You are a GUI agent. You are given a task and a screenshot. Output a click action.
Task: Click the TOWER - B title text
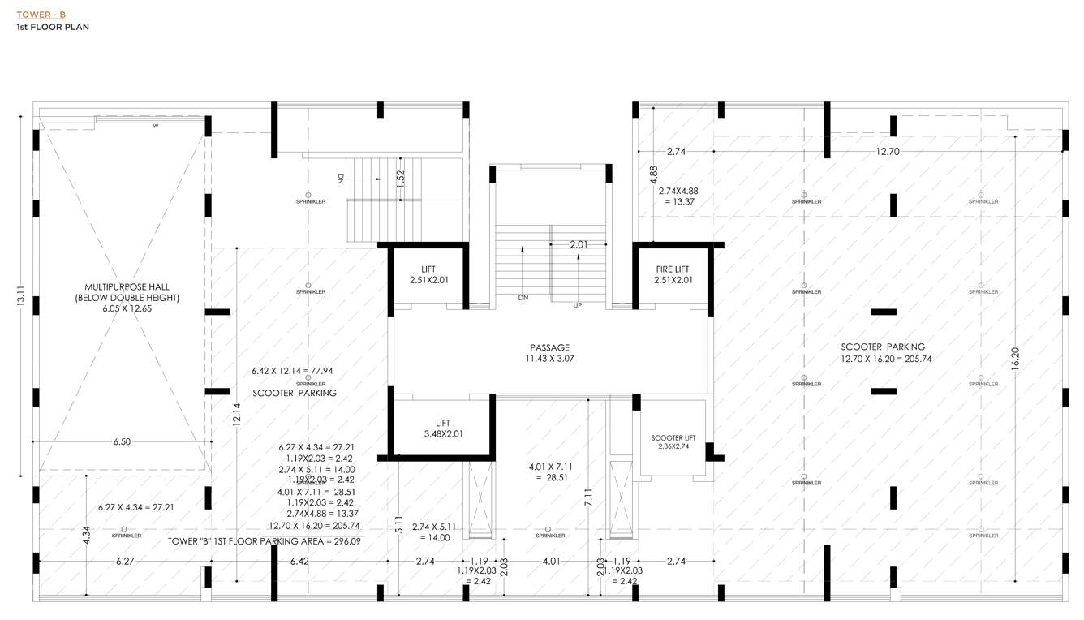point(41,15)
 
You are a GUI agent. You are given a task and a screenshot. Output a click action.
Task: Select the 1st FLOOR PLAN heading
point(53,27)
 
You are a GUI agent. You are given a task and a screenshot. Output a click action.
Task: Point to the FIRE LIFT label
point(673,269)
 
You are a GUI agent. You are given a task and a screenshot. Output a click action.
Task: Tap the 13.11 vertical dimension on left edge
point(21,299)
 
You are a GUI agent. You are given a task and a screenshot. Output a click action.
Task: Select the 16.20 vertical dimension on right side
point(1015,359)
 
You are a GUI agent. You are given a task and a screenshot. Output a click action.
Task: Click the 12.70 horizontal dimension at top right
point(888,151)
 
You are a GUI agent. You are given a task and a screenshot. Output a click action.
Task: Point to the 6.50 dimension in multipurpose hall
point(122,441)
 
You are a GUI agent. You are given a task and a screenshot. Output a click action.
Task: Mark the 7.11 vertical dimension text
point(587,497)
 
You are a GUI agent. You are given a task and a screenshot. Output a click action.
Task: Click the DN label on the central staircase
point(523,298)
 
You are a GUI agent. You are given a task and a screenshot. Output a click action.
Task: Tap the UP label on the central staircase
point(577,305)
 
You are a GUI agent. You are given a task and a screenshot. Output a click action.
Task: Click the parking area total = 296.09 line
point(265,540)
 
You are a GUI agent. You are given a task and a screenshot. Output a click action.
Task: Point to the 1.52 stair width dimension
point(400,179)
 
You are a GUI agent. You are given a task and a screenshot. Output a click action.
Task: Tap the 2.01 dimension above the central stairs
point(578,244)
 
